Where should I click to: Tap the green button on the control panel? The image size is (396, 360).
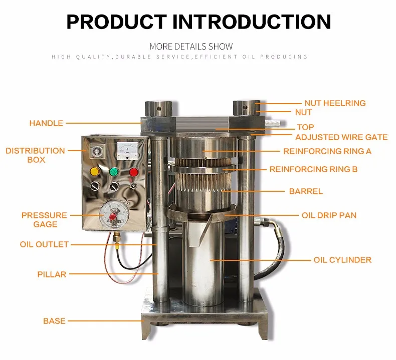[113, 172]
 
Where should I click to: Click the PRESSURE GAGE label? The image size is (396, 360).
[44, 220]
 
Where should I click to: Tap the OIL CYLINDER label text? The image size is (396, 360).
[342, 260]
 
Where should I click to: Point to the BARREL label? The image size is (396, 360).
[306, 191]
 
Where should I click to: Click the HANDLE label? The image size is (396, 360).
[46, 123]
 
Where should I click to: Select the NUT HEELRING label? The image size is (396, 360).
[335, 103]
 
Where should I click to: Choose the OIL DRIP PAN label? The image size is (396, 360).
[329, 215]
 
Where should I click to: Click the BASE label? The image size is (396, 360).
[54, 320]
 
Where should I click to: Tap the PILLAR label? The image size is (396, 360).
[52, 274]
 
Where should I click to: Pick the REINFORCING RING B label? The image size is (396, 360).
[313, 169]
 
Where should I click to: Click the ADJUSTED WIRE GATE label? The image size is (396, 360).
[341, 137]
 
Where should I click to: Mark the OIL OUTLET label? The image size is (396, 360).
[44, 245]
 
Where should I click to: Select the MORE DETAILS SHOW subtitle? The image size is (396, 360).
[191, 47]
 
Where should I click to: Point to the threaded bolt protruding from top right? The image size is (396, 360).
[272, 123]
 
